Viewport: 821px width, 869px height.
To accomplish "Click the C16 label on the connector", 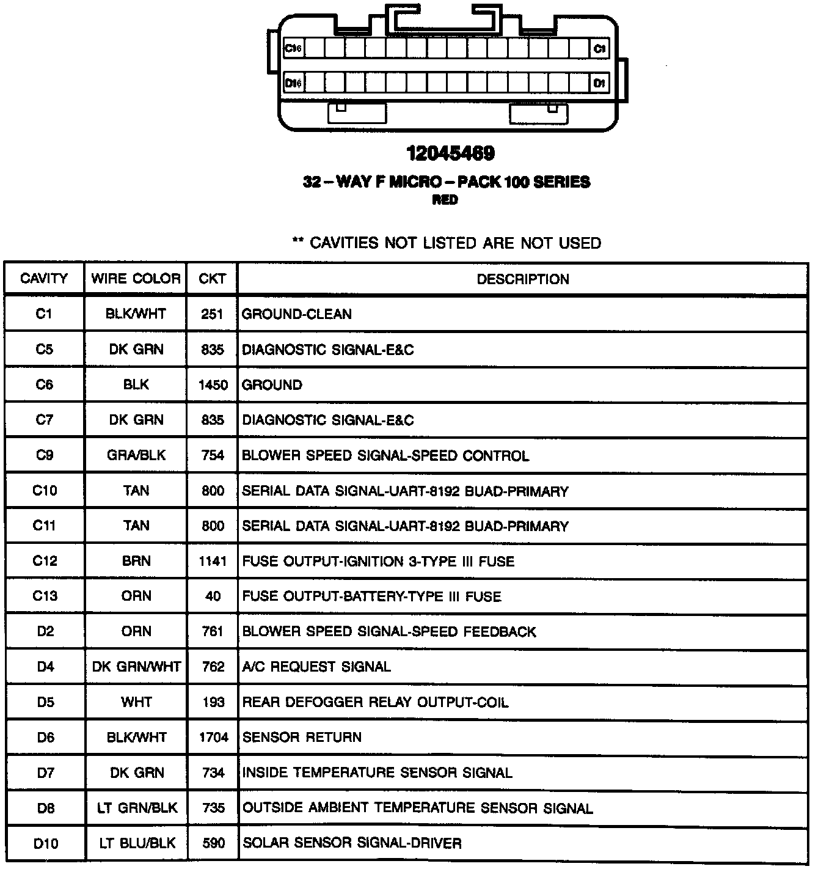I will point(294,49).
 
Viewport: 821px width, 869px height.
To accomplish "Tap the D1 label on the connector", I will point(599,83).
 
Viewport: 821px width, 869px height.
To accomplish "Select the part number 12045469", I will point(451,153).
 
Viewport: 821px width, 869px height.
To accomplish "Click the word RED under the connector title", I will point(445,200).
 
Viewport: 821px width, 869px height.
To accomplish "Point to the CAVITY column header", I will point(44,279).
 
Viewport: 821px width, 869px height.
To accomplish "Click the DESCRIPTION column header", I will point(523,279).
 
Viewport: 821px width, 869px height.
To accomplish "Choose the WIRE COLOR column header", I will point(136,279).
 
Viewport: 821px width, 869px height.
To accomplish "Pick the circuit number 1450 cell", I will point(213,385).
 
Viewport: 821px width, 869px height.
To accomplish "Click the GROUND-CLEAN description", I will point(297,314).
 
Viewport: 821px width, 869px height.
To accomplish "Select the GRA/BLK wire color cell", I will point(136,455).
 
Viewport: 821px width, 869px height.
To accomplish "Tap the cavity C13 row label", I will point(44,596).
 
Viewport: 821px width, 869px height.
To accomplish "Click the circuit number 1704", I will point(213,738).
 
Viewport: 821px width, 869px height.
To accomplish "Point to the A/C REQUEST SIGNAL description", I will point(316,667).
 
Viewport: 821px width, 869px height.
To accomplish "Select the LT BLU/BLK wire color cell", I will point(137,843).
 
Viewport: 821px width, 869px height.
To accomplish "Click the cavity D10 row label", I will point(46,844).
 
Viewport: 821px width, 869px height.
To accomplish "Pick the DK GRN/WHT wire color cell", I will point(136,667).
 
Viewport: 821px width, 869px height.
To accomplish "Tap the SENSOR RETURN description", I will point(302,738).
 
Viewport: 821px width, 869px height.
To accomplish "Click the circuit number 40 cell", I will point(213,596).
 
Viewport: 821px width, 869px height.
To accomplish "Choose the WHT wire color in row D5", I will point(136,702).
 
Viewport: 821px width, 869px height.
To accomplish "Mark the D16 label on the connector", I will point(294,83).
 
